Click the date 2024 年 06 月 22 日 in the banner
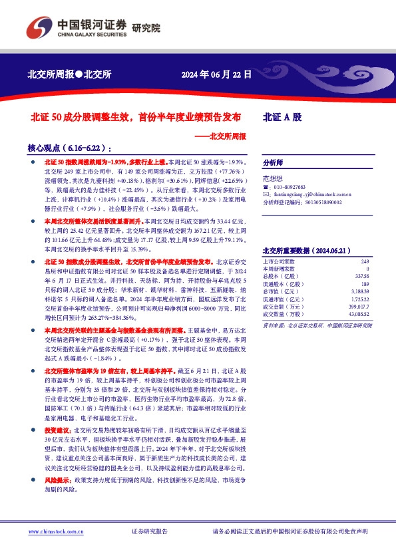216,74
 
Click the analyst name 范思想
273,179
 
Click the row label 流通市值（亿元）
282,296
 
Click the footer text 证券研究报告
150,531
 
